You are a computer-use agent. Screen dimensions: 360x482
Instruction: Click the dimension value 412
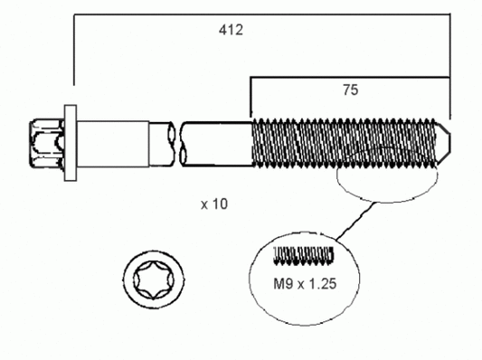pos(230,30)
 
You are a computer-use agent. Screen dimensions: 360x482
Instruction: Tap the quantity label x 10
pos(214,204)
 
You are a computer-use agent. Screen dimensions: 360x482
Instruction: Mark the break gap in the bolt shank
pos(175,142)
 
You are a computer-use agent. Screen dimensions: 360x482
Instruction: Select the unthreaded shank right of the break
pos(217,143)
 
